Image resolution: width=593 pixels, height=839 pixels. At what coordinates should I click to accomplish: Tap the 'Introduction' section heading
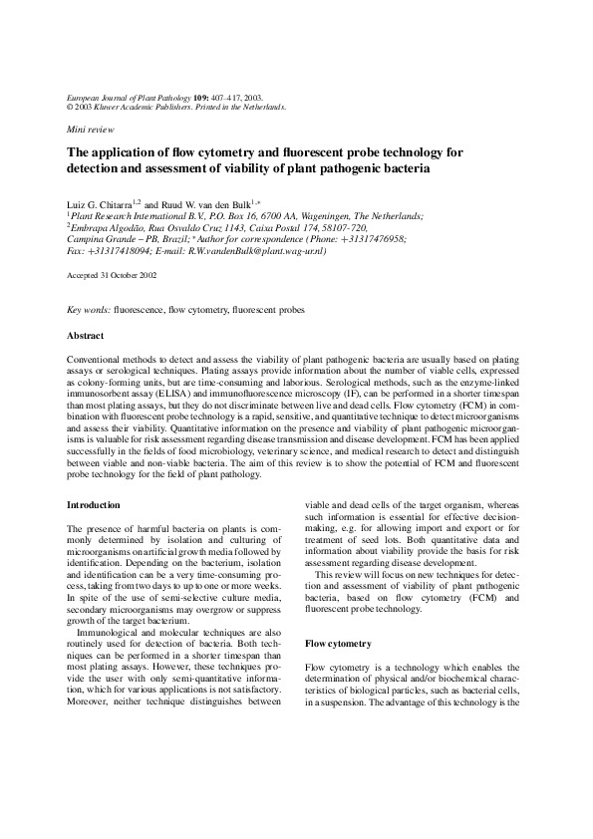tap(94, 505)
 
